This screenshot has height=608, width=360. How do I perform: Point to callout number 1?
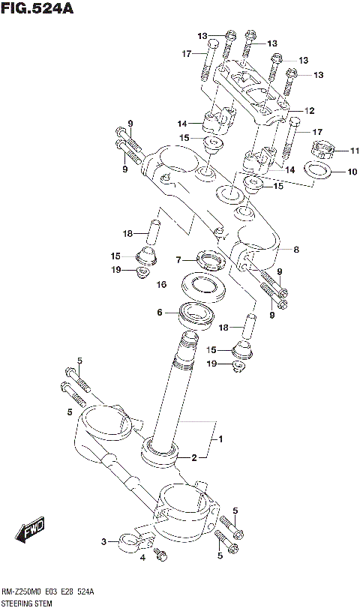pos(220,439)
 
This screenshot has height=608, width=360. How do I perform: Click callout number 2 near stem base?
pos(193,457)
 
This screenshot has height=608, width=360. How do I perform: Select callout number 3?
pos(104,541)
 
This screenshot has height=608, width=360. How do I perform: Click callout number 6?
pos(159,313)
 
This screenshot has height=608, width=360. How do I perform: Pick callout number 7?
pos(178,260)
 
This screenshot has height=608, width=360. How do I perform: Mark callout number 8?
pos(296,250)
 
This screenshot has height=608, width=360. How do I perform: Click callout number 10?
pos(331,172)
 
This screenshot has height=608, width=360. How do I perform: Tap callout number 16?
pos(160,285)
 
